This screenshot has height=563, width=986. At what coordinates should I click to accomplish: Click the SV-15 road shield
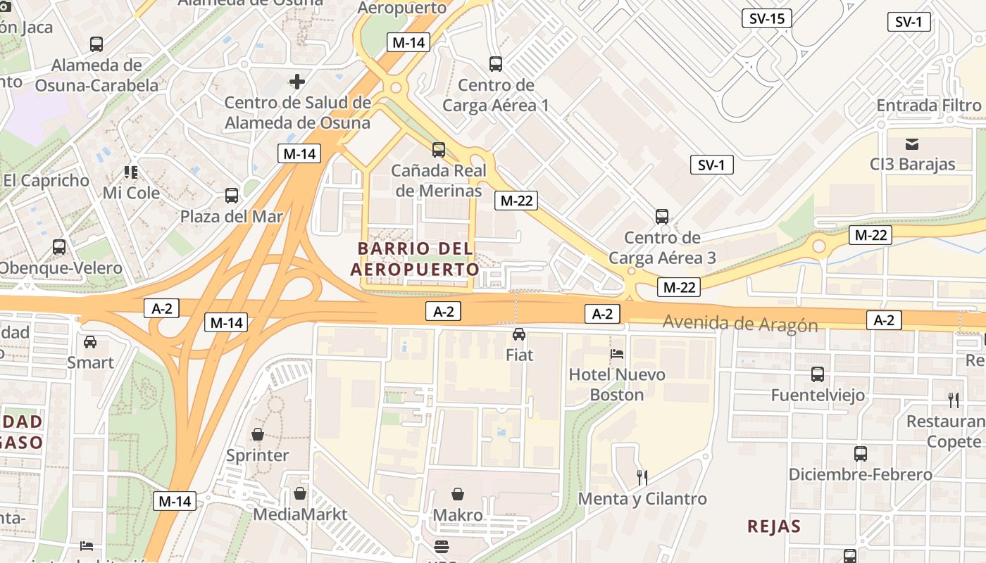coord(767,18)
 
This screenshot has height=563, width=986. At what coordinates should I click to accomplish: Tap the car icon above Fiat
coord(519,334)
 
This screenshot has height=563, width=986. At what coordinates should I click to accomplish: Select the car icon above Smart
coord(90,342)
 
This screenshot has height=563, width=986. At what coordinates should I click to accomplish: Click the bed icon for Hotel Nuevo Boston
coord(617,353)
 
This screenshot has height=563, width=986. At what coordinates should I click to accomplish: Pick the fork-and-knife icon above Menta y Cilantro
coord(642,478)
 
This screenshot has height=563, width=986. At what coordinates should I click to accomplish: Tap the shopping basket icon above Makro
coord(458,494)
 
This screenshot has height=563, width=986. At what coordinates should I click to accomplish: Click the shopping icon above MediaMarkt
coord(300,493)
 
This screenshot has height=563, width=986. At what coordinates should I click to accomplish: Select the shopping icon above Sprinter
coord(258,434)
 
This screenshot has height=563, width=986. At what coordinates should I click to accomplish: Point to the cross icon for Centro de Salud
coord(297,82)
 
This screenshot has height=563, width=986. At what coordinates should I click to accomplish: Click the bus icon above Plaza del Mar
coord(231,196)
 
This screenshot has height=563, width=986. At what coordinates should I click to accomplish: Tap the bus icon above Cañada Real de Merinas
coord(439,149)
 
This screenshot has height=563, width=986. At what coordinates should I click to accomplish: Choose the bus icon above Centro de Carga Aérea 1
coord(496,64)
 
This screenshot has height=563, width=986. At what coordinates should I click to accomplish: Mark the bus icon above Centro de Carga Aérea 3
coord(661,217)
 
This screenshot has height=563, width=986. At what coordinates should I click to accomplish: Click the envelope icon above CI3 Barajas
coord(912,144)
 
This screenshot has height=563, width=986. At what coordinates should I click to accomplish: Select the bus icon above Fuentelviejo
coord(818,374)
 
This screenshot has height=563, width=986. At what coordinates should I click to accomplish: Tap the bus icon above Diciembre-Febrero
coord(860,454)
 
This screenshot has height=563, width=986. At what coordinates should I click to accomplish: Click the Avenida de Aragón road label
coord(740,324)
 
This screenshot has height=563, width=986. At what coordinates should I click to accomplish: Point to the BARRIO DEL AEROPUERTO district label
coord(415,259)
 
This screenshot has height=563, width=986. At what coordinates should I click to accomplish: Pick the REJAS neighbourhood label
coord(774,526)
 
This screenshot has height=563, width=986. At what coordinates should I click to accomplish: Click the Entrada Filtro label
coord(928,106)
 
